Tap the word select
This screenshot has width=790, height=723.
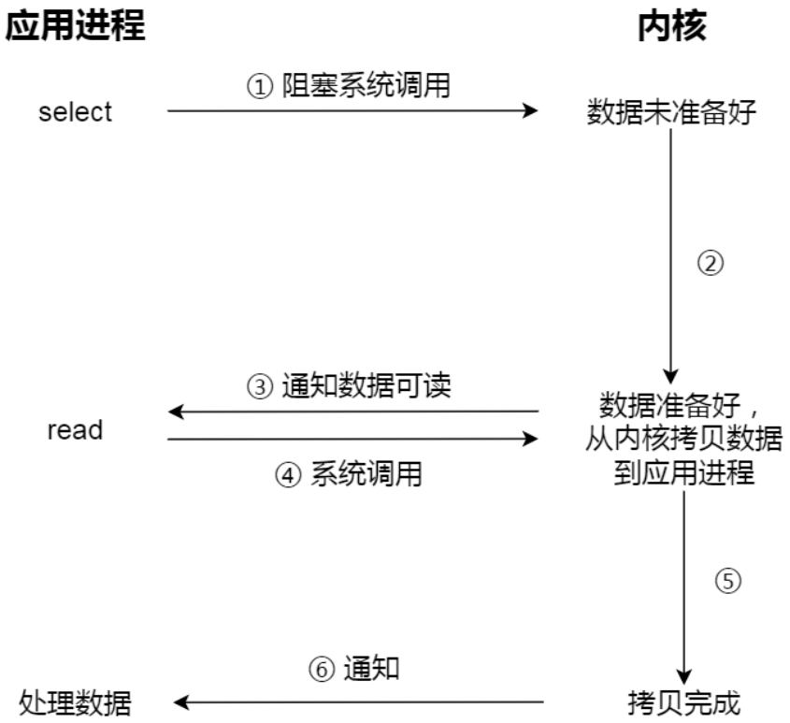click(75, 111)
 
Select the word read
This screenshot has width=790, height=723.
click(75, 431)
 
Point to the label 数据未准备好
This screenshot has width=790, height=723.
click(670, 112)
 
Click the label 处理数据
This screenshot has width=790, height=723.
click(76, 701)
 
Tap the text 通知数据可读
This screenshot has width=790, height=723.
click(366, 386)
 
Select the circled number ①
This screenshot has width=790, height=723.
click(258, 88)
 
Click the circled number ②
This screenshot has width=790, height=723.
click(711, 263)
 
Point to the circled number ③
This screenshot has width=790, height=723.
click(259, 387)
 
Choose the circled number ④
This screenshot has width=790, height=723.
click(286, 474)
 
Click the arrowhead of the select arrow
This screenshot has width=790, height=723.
click(531, 111)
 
